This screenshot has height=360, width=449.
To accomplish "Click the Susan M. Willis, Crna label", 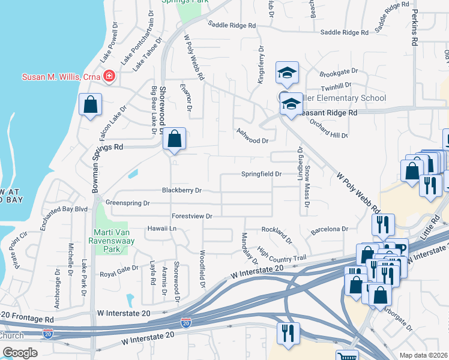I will (61, 76).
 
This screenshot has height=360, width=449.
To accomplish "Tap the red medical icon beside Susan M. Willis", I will (109, 76).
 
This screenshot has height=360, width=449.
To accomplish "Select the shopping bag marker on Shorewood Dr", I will (173, 139).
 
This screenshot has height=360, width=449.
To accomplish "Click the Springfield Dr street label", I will (262, 174).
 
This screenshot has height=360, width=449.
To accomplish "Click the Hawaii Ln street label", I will (162, 229).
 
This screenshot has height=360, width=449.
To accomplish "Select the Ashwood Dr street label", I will (252, 140).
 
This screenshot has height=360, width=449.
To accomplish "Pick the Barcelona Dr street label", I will (329, 229).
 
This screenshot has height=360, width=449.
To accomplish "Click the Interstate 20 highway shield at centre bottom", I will (186, 323).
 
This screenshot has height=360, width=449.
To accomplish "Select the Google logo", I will (20, 353).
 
